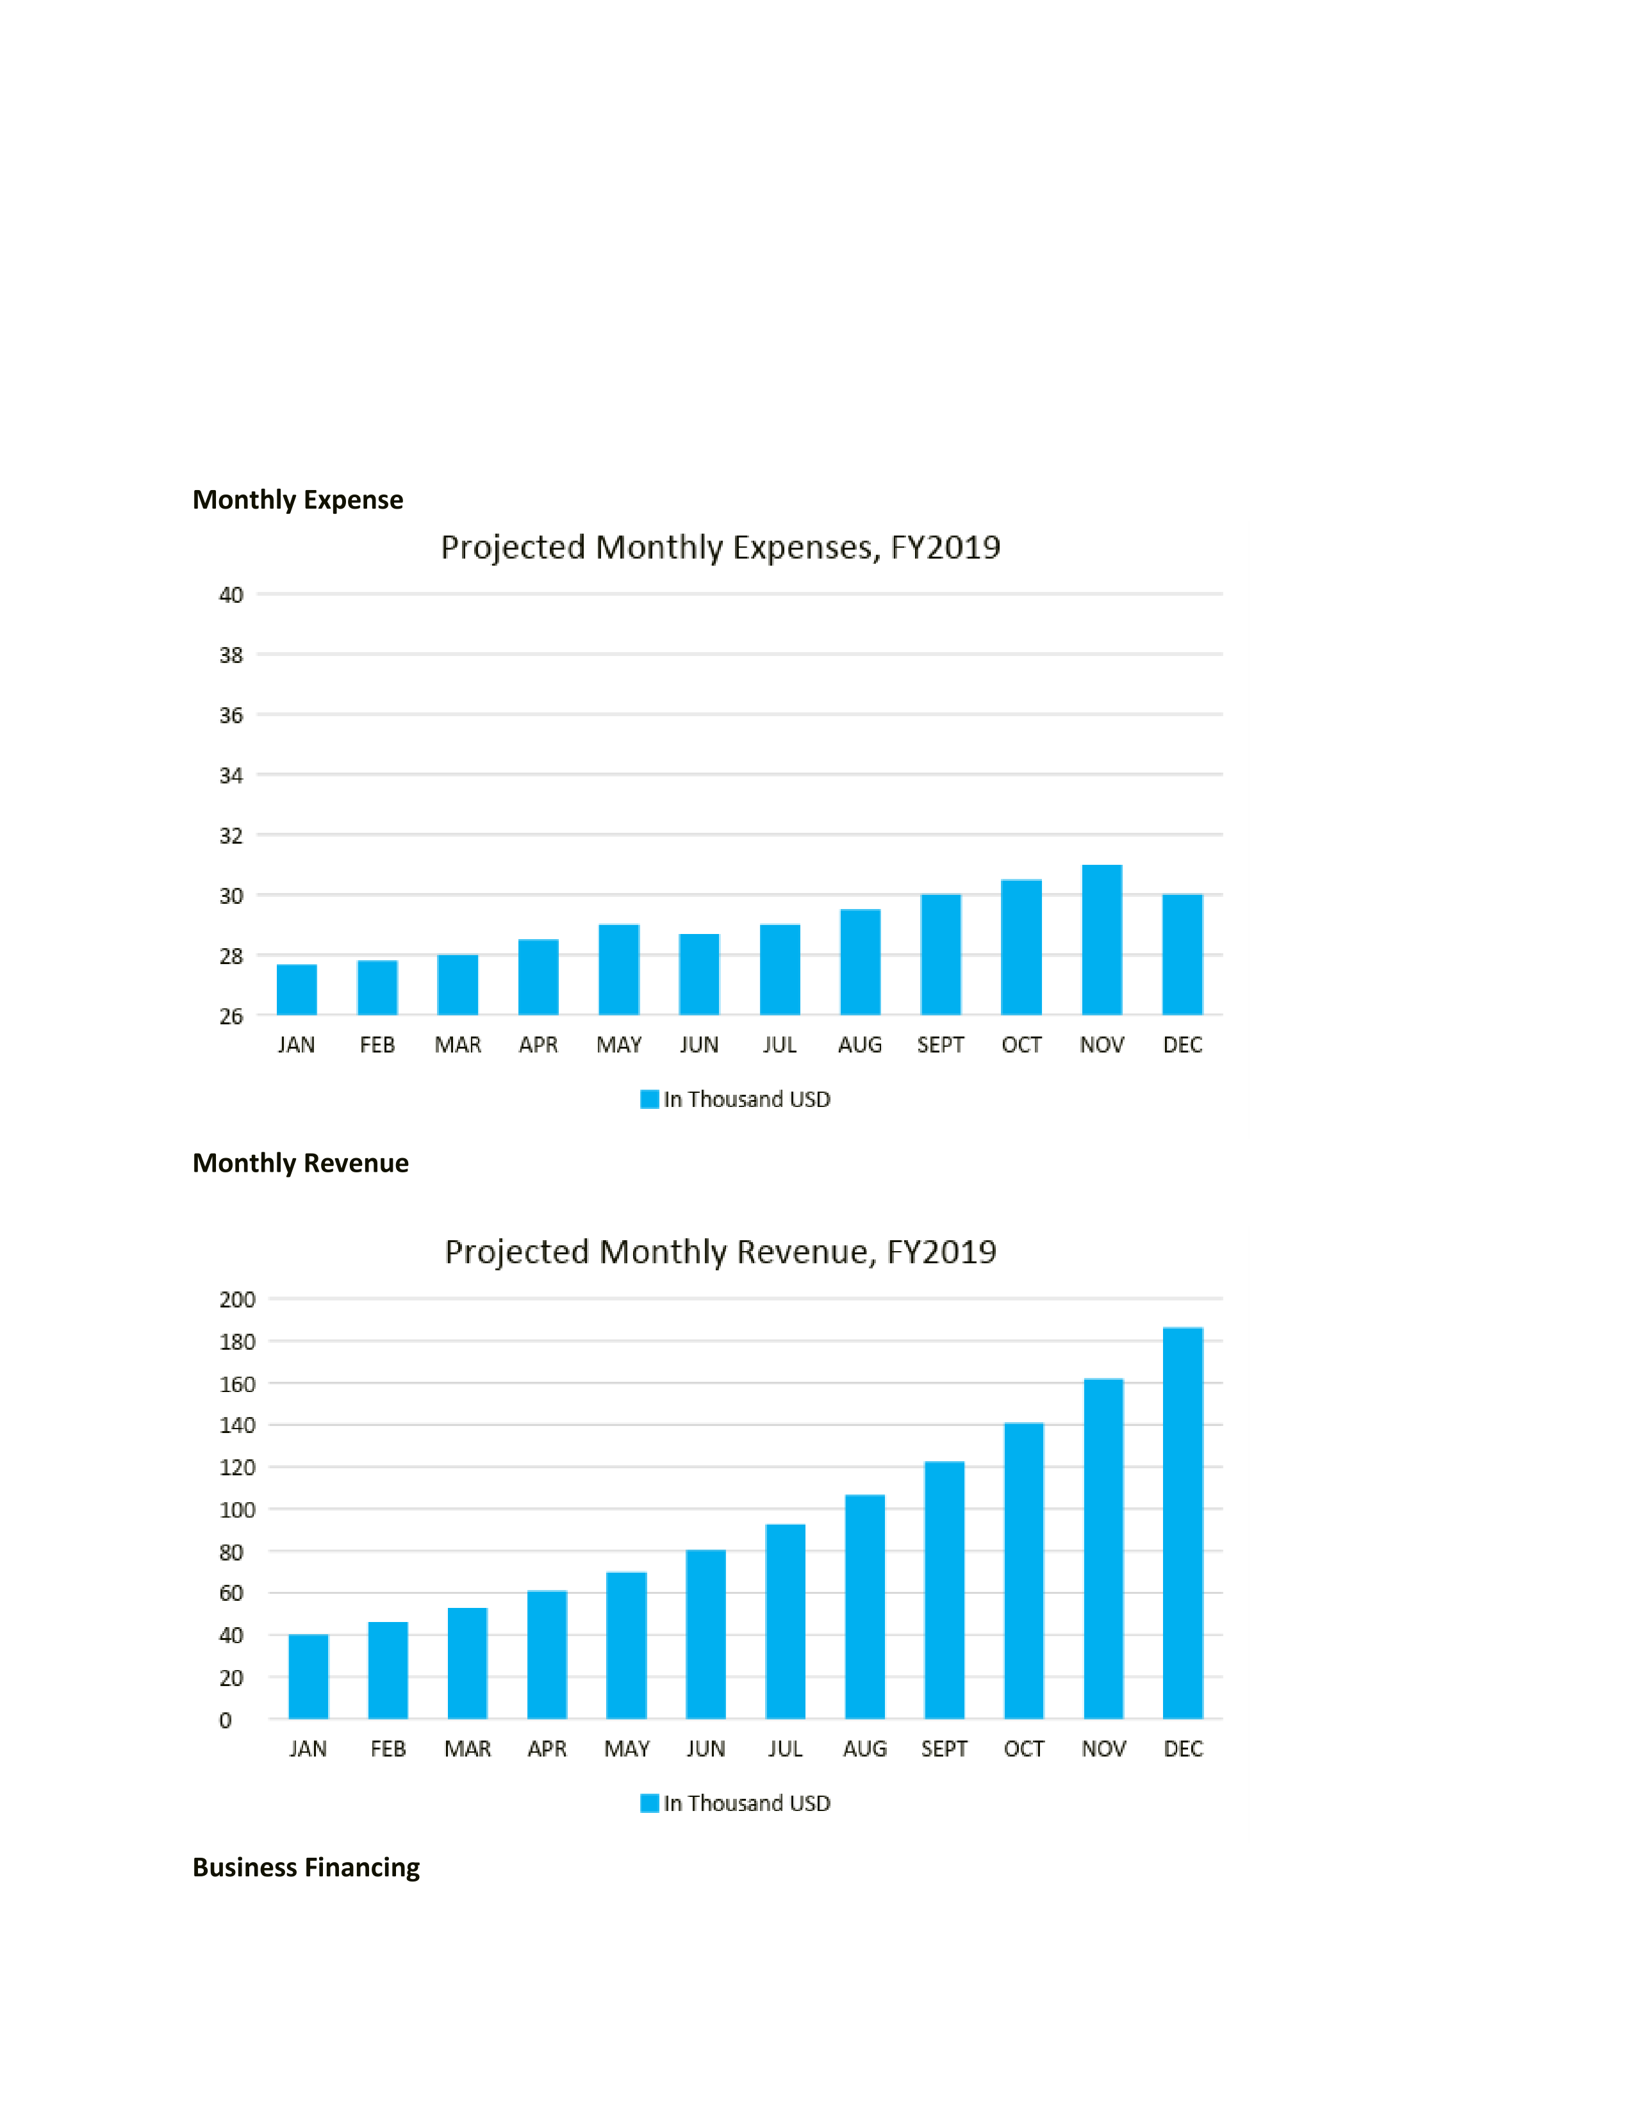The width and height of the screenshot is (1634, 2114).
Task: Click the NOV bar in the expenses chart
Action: pos(1102,940)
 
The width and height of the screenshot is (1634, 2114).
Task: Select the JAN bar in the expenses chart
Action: pos(296,989)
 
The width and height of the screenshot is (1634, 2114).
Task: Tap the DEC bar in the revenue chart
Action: pos(1183,1523)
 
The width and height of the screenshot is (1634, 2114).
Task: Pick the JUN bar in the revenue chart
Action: pos(706,1635)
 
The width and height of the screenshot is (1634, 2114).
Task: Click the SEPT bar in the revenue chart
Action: pos(945,1591)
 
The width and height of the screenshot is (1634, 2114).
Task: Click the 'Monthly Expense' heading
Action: pos(298,500)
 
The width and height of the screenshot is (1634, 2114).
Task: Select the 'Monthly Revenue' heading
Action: pos(300,1163)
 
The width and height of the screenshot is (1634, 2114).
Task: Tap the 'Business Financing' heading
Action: pos(306,1867)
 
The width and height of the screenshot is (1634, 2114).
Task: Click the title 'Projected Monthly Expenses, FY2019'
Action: pos(720,547)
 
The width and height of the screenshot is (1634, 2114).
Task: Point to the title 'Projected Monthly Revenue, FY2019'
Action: pos(720,1252)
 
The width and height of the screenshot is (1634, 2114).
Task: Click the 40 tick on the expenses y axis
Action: pos(231,594)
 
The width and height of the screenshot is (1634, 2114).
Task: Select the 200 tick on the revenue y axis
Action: pos(237,1299)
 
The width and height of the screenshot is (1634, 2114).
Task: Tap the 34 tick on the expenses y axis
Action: pos(231,775)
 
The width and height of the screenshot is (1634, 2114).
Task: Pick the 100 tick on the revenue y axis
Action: pos(237,1510)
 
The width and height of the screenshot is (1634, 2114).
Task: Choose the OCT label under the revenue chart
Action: pos(1024,1749)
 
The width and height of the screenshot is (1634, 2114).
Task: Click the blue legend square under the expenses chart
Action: pos(650,1099)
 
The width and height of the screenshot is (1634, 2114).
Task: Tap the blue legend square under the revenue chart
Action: pos(650,1803)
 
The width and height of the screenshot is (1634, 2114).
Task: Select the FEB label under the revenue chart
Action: pos(388,1749)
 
